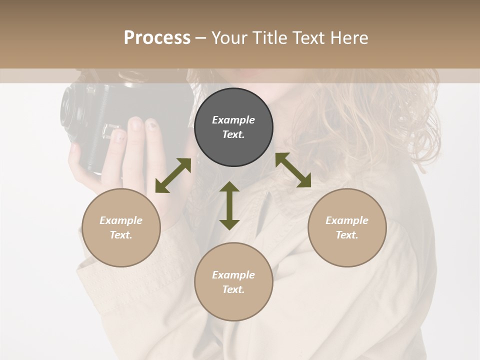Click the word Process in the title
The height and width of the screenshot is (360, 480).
pyautogui.click(x=157, y=38)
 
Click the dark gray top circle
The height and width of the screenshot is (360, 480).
pyautogui.click(x=233, y=145)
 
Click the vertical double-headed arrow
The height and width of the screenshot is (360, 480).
pyautogui.click(x=229, y=205)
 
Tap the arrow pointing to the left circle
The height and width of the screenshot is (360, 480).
pyautogui.click(x=173, y=175)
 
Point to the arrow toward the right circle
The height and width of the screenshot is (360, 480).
pyautogui.click(x=293, y=170)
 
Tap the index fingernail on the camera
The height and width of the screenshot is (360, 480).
pyautogui.click(x=135, y=123)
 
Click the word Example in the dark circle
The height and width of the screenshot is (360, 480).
pyautogui.click(x=233, y=120)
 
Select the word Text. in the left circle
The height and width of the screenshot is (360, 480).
pyautogui.click(x=121, y=235)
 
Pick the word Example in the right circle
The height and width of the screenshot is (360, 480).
pyautogui.click(x=347, y=220)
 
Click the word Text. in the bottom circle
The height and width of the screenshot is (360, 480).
pyautogui.click(x=233, y=289)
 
